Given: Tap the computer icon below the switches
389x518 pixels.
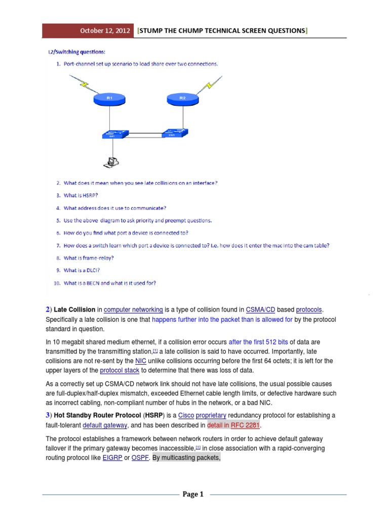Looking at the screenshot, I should click(111, 161).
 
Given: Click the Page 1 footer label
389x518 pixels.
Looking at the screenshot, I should click(194, 494).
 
